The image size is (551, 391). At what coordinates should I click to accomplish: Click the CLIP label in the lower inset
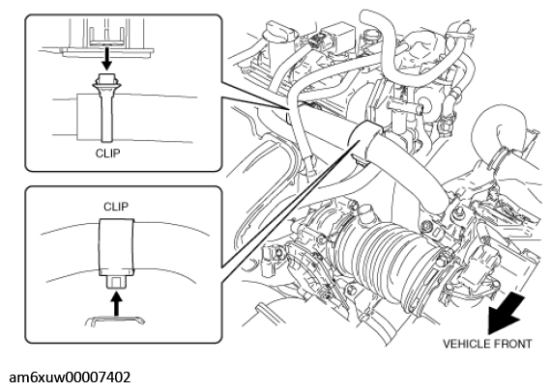[x=115, y=205]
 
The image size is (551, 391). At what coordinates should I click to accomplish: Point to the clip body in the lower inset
[x=116, y=247]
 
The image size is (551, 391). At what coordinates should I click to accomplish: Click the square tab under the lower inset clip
[x=116, y=282]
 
